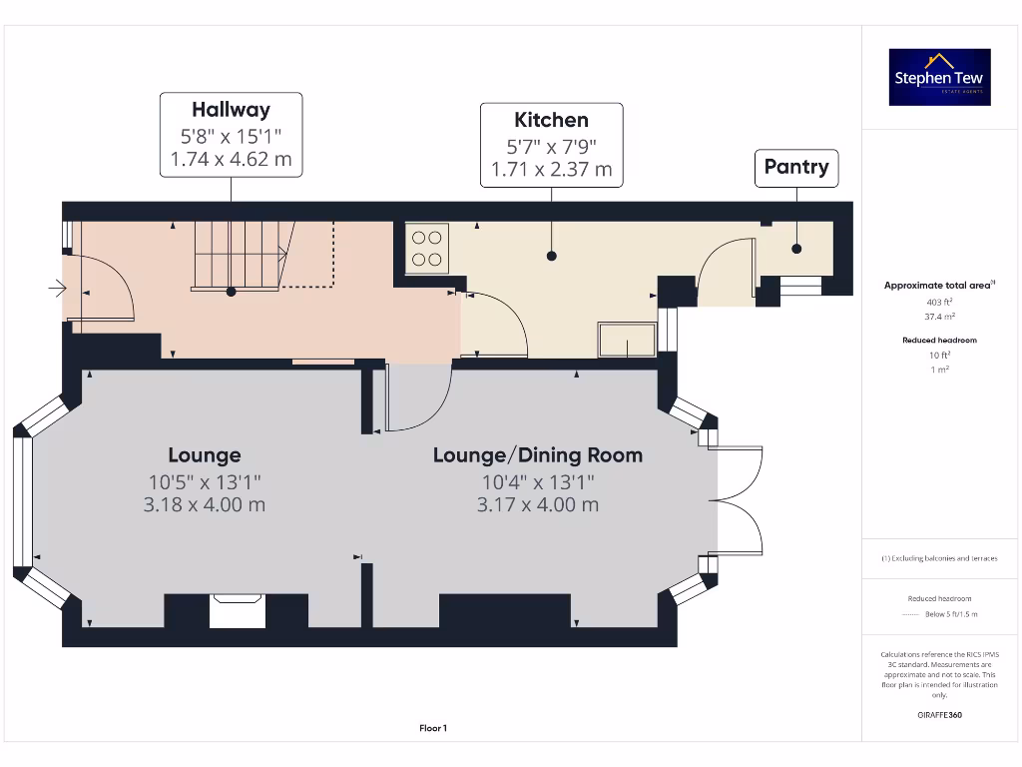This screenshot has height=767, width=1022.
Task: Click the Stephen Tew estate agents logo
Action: pos(939,78)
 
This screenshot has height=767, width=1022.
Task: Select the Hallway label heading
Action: pos(231,109)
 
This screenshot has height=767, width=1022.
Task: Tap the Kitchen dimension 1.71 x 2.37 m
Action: pos(551,169)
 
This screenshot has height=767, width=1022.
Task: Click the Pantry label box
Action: pos(795,167)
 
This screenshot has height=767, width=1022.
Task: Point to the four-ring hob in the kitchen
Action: pos(427,249)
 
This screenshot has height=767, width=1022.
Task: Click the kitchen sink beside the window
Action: pos(627,340)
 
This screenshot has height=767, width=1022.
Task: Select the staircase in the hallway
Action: pos(241,256)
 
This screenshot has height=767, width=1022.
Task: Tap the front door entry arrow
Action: pos(55,290)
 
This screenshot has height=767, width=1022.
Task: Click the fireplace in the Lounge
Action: pos(238,611)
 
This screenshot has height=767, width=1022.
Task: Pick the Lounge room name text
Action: pos(204,455)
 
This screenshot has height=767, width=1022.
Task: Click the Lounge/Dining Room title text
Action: pos(537,455)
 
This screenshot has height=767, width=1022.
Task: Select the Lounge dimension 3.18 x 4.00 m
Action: pos(204,504)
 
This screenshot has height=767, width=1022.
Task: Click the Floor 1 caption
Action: pos(433,728)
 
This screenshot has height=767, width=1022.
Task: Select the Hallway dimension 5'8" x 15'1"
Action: pos(231,136)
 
